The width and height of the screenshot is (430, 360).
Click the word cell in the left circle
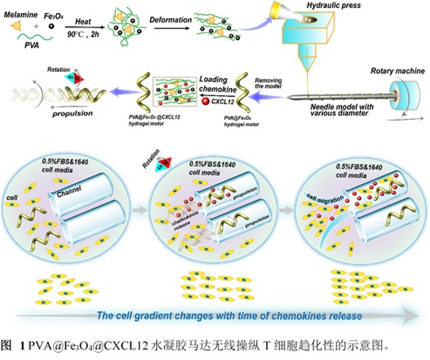coord(11,197)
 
